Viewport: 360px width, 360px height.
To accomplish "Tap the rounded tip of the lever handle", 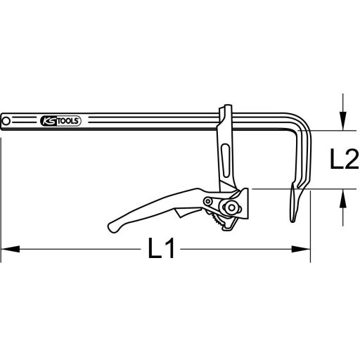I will point(113,228).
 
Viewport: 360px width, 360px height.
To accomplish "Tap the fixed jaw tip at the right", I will point(292,211).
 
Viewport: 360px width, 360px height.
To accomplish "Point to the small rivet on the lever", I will point(208,202).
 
